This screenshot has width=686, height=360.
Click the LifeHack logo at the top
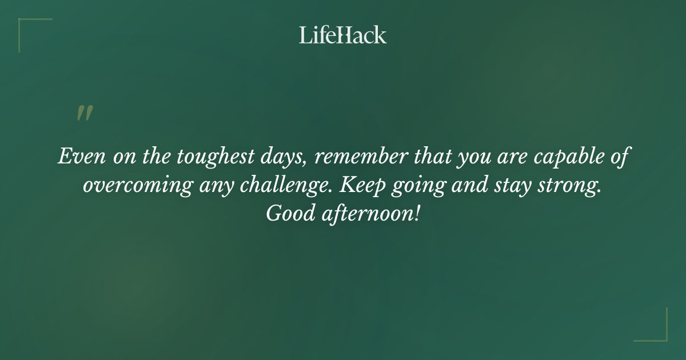343,35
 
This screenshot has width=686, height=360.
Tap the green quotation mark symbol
84,113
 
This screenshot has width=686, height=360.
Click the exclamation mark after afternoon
417,214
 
